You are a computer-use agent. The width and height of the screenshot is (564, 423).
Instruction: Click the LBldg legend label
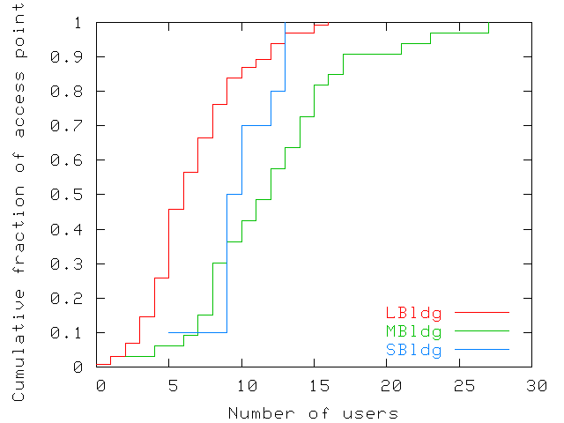tap(413, 313)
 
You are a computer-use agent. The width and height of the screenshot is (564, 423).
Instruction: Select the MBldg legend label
tap(413, 331)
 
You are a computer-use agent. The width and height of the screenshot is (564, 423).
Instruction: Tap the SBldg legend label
tap(413, 350)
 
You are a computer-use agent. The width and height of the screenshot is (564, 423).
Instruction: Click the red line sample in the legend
tap(483, 313)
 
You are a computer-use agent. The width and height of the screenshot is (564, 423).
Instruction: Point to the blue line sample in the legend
tap(483, 350)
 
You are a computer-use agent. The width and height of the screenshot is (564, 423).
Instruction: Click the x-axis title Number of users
tap(313, 412)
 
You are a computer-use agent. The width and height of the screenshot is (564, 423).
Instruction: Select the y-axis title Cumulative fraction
tap(19, 211)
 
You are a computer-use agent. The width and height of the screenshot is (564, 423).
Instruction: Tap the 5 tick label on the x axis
tap(173, 386)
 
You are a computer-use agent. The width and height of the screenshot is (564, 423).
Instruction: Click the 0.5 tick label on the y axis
tap(77, 195)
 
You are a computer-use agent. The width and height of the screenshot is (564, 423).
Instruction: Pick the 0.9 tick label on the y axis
tap(77, 57)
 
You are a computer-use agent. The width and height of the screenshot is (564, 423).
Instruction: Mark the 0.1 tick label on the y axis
tap(77, 333)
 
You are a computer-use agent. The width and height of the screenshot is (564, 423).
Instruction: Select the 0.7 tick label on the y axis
tap(77, 126)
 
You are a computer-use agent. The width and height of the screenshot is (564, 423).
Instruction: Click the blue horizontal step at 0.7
tap(256, 125)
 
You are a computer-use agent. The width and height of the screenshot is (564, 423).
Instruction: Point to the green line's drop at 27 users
tap(489, 28)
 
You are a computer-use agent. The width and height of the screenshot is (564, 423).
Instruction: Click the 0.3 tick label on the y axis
tap(77, 264)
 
